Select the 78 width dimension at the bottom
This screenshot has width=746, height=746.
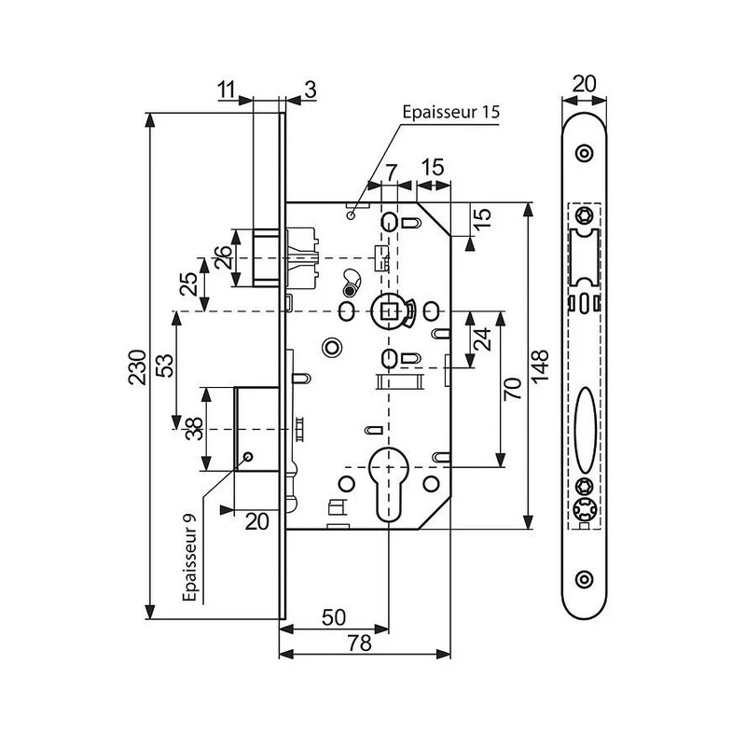[359, 642]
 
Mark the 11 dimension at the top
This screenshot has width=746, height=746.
[227, 90]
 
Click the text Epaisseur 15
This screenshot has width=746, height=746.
[451, 112]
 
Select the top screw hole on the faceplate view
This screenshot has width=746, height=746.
[584, 151]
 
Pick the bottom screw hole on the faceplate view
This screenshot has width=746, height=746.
[584, 578]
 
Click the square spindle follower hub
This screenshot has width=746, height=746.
[384, 309]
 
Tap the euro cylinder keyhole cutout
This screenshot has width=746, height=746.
[385, 476]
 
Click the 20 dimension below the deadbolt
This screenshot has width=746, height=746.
[256, 522]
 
